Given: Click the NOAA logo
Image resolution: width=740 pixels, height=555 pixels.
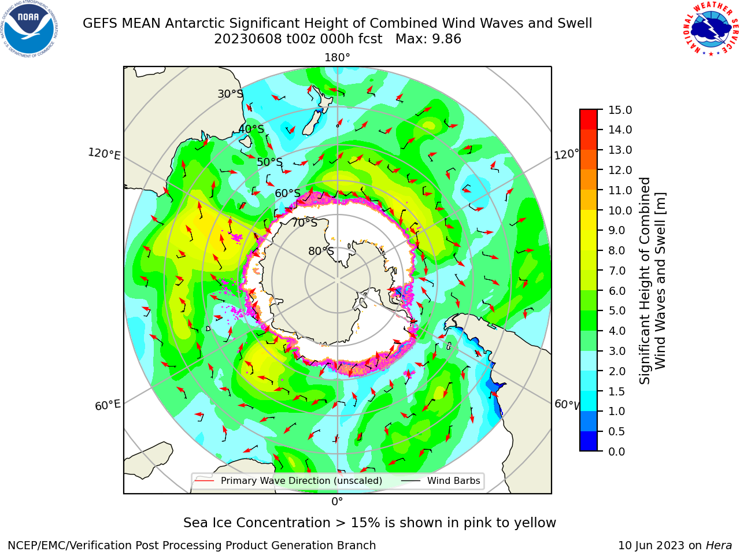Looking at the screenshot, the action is pyautogui.click(x=29, y=29).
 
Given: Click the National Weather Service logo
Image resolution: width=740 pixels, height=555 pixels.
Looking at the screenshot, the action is pyautogui.click(x=711, y=29).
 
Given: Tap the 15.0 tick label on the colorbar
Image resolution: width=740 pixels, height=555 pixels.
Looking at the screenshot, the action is pyautogui.click(x=620, y=110).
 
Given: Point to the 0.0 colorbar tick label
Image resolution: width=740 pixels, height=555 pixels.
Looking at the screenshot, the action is pyautogui.click(x=617, y=451).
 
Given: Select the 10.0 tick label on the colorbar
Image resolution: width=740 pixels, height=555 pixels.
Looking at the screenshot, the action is pyautogui.click(x=620, y=210).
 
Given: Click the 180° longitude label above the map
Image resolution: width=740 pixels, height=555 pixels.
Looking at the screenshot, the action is pyautogui.click(x=337, y=58).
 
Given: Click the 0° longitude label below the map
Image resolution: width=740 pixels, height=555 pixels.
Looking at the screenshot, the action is pyautogui.click(x=337, y=502).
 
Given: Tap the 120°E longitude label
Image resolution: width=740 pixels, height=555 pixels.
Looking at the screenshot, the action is pyautogui.click(x=104, y=154).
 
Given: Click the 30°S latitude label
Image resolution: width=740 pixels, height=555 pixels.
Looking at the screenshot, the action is pyautogui.click(x=230, y=94).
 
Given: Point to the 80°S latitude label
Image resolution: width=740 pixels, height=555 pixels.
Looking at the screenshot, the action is pyautogui.click(x=321, y=251).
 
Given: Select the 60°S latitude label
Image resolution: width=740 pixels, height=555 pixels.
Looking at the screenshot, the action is pyautogui.click(x=287, y=193).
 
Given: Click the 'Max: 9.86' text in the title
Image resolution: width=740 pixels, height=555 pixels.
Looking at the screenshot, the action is pyautogui.click(x=428, y=39).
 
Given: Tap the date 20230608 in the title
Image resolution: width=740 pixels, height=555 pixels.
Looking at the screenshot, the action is pyautogui.click(x=248, y=39).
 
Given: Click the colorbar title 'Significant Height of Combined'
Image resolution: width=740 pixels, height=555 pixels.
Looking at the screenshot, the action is pyautogui.click(x=645, y=281).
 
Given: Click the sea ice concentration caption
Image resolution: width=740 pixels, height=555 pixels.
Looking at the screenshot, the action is pyautogui.click(x=369, y=523).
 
